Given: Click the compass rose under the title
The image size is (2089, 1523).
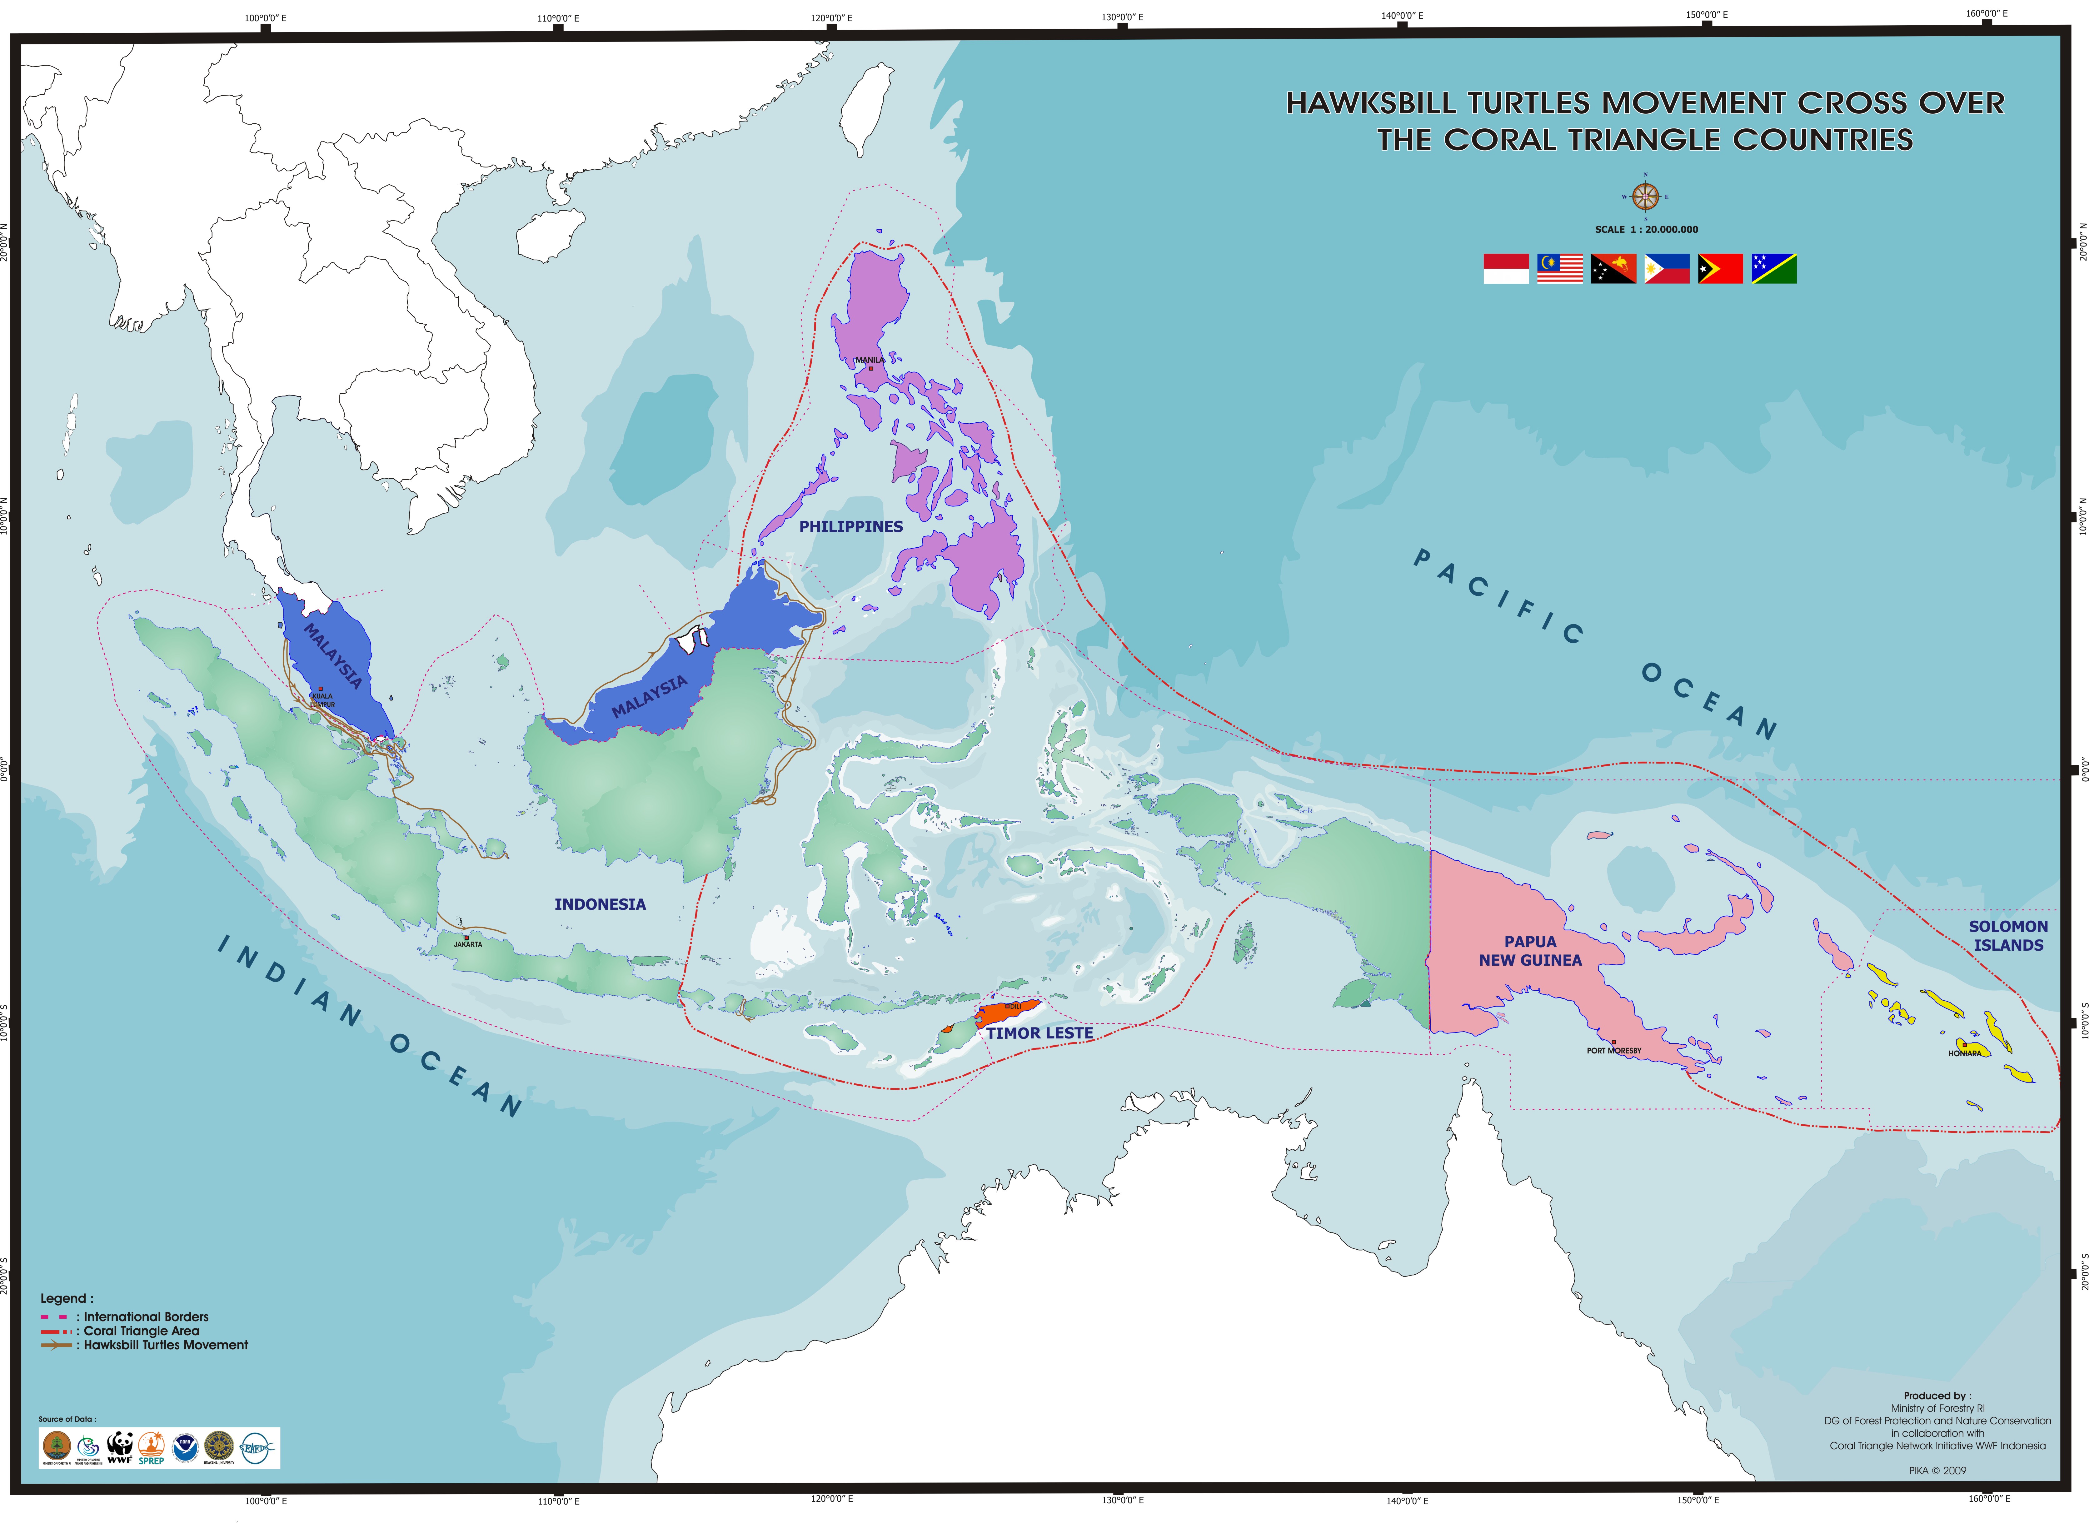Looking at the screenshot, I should tap(1646, 197).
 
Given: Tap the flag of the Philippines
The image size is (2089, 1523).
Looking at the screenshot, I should tap(1667, 268).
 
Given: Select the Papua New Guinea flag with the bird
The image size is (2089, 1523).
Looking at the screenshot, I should tap(1613, 268).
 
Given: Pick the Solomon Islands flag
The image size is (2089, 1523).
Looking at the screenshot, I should tap(1774, 268).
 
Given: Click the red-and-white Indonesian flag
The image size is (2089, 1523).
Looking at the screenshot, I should tap(1506, 268).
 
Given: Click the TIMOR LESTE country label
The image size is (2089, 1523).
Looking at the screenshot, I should tap(1040, 1033).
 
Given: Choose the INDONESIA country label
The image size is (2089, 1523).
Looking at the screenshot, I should tap(600, 904).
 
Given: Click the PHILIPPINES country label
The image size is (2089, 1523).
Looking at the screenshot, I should tap(851, 526).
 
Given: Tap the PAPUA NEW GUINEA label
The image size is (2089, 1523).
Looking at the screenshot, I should tap(1530, 950).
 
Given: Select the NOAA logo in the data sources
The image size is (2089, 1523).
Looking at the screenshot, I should tap(185, 1447).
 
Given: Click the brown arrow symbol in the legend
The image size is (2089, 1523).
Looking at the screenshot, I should tap(56, 1345).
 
